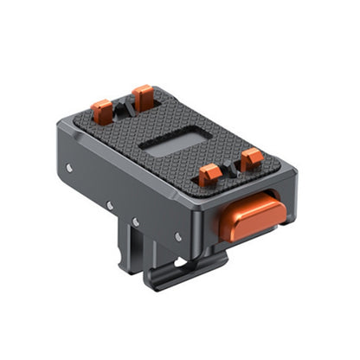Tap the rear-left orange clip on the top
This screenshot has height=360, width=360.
click(102, 111)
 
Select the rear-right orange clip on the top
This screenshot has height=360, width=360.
click(143, 97)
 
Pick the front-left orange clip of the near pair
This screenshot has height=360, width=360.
click(210, 177)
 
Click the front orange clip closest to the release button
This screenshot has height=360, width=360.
click(251, 161)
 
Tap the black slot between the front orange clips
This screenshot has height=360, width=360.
click(230, 170)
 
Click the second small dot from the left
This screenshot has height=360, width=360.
click(109, 206)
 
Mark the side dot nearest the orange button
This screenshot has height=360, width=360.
click(177, 235)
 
